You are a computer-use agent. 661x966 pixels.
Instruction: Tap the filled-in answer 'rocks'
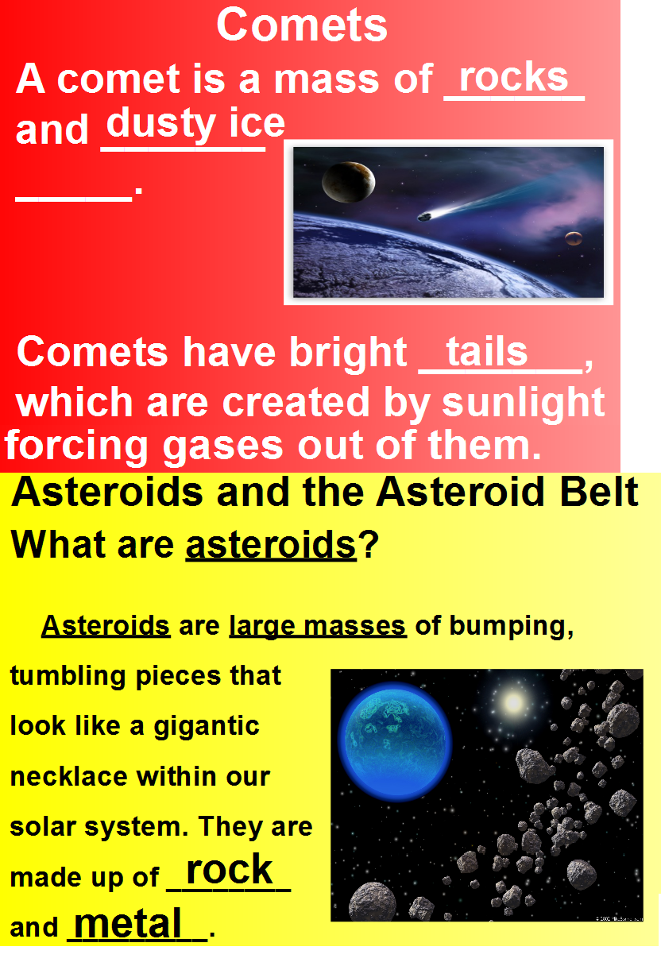coord(514,77)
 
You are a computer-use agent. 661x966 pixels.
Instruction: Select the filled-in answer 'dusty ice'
coord(195,124)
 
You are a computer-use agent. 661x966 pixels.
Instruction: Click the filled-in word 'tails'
coord(486,351)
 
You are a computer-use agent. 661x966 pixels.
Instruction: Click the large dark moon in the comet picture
coord(348,181)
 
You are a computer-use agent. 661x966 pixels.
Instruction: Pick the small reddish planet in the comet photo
coord(573,238)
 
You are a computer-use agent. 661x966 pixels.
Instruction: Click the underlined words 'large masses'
coord(318,626)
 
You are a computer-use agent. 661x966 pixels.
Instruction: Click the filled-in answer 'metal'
coord(128,923)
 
